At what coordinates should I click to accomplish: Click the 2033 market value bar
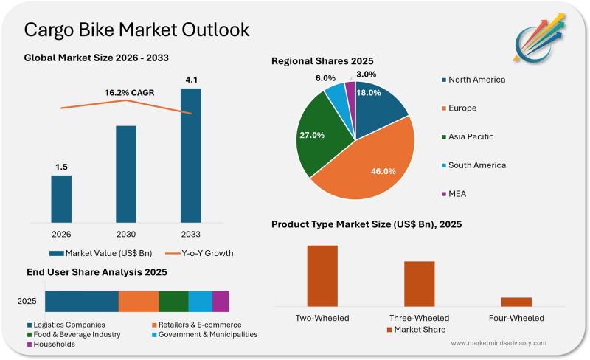pyautogui.click(x=190, y=155)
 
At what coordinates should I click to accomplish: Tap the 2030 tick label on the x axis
pyautogui.click(x=125, y=234)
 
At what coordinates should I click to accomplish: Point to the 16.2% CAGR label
pyautogui.click(x=126, y=94)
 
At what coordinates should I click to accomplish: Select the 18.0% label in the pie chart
pyautogui.click(x=368, y=93)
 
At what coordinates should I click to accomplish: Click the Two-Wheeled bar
pyautogui.click(x=322, y=274)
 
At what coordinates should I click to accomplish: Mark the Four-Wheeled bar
pyautogui.click(x=516, y=301)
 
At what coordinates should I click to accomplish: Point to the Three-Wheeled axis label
pyautogui.click(x=420, y=318)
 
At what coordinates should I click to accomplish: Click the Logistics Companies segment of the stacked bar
pyautogui.click(x=82, y=301)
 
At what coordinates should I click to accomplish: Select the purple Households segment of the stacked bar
pyautogui.click(x=221, y=301)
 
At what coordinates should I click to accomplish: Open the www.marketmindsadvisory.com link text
pyautogui.click(x=498, y=343)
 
